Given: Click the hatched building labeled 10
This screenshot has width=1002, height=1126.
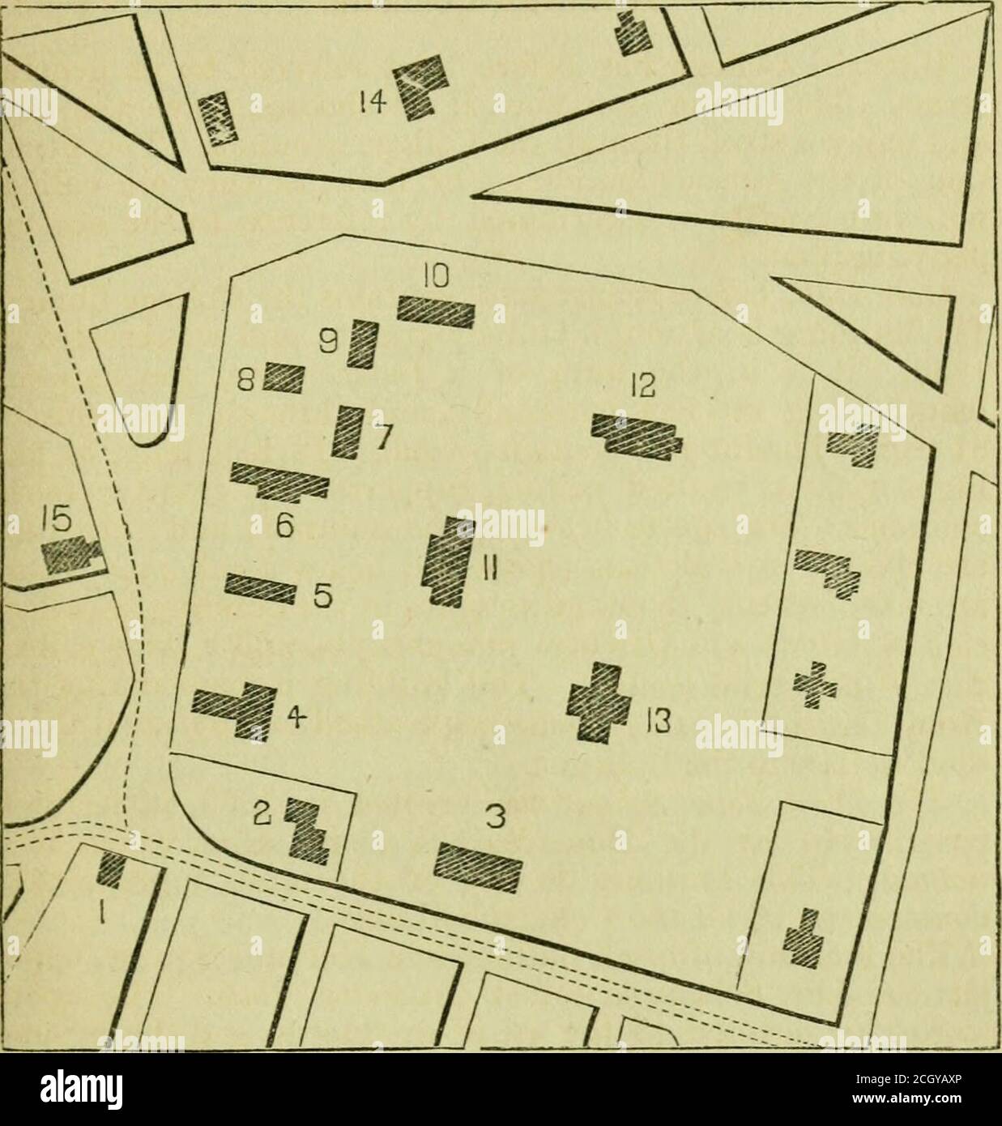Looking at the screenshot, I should (435, 310).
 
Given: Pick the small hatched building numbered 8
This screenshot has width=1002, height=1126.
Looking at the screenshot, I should (284, 377).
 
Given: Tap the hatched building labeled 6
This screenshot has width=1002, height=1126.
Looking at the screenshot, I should (280, 482).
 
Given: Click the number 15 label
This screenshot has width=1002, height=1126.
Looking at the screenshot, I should (58, 516).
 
